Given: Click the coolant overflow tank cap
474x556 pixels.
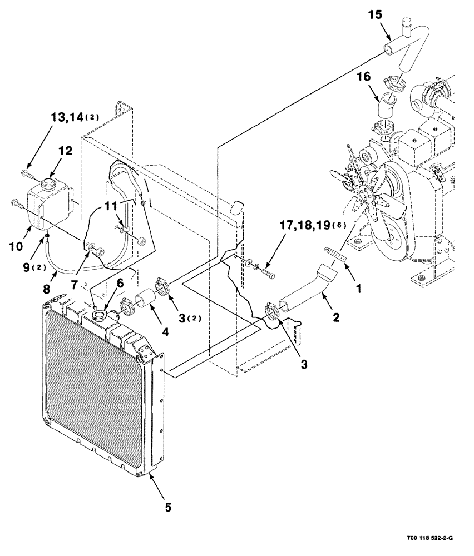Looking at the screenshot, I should point(47,183).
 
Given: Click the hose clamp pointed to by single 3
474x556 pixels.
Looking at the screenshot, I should point(270,310).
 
